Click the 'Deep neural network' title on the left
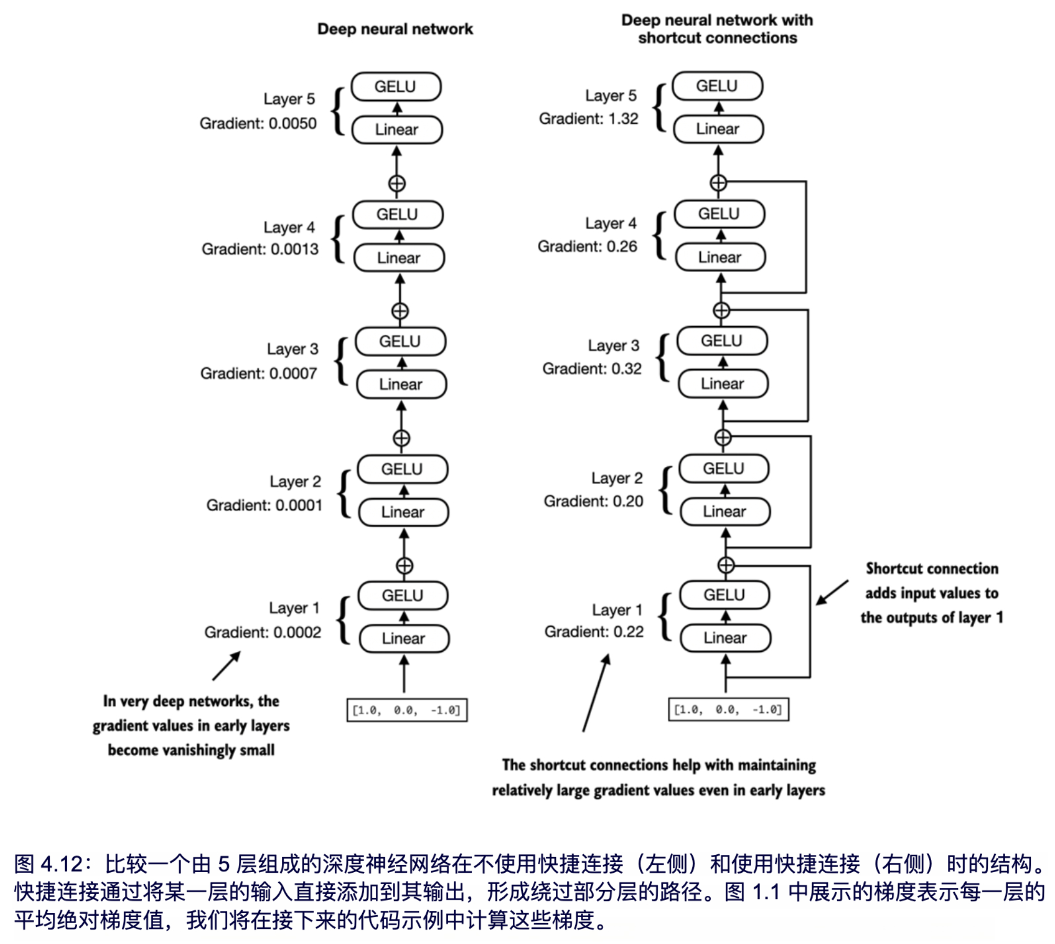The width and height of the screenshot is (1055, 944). pyautogui.click(x=395, y=29)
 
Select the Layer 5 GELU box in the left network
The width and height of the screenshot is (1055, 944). pyautogui.click(x=396, y=87)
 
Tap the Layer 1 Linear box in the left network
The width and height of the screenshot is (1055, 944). pyautogui.click(x=404, y=638)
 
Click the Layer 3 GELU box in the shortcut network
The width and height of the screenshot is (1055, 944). pyautogui.click(x=722, y=341)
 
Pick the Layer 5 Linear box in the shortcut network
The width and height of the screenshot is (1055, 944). pyautogui.click(x=718, y=129)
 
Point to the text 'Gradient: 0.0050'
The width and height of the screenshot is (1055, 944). pyautogui.click(x=258, y=124)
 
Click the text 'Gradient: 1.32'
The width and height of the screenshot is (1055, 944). pyautogui.click(x=588, y=119)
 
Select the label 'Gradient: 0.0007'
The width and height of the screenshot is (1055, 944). pyautogui.click(x=258, y=373)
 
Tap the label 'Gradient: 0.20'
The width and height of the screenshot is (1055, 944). pyautogui.click(x=593, y=501)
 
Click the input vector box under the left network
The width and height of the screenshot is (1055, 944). pyautogui.click(x=407, y=710)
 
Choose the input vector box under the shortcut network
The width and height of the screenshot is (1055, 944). pyautogui.click(x=728, y=710)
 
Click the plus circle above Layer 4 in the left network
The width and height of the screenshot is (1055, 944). pyautogui.click(x=397, y=184)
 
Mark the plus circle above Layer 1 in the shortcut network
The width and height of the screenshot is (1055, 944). pyautogui.click(x=725, y=565)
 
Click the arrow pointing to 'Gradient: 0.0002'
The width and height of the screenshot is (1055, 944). pyautogui.click(x=227, y=666)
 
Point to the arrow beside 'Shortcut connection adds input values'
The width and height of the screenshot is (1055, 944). pyautogui.click(x=832, y=593)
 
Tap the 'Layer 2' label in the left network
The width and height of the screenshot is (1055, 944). pyautogui.click(x=295, y=481)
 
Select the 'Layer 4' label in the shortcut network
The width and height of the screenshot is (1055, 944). pyautogui.click(x=610, y=223)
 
